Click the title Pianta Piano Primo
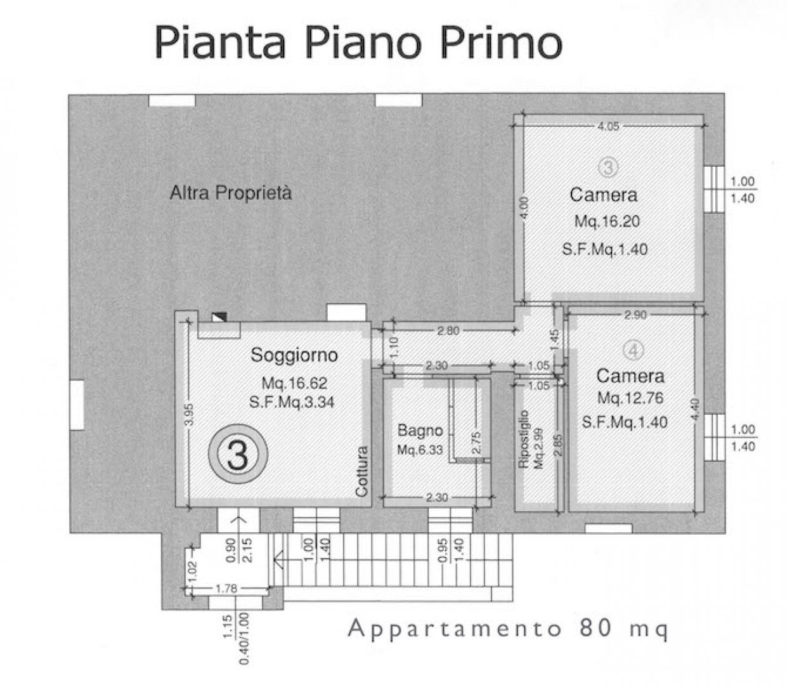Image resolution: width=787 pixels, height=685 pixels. coord(358,43)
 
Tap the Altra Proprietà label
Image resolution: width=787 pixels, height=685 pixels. coord(231,193)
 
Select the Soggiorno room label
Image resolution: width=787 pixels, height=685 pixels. coord(294,355)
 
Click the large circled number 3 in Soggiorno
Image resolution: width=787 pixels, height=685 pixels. coord(238,454)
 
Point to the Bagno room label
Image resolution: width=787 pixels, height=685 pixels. coord(420,431)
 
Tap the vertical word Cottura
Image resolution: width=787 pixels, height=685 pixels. coord(361,471)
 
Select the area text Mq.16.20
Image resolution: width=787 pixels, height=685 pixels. coord(607,221)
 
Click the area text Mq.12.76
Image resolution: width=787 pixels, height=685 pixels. coord(630,398)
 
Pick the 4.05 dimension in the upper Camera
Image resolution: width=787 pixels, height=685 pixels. coord(608,126)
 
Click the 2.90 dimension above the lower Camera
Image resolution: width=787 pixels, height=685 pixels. coord(635,315)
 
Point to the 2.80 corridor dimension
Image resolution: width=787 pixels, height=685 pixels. coord(448,330)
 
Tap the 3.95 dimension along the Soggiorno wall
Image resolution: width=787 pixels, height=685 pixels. coord(189,414)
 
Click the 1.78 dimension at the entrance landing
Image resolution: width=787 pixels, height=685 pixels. coord(226,589)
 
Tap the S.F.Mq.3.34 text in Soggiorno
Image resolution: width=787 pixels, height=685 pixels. coord(292,402)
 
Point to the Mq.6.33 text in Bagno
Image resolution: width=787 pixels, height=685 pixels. coord(420,449)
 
